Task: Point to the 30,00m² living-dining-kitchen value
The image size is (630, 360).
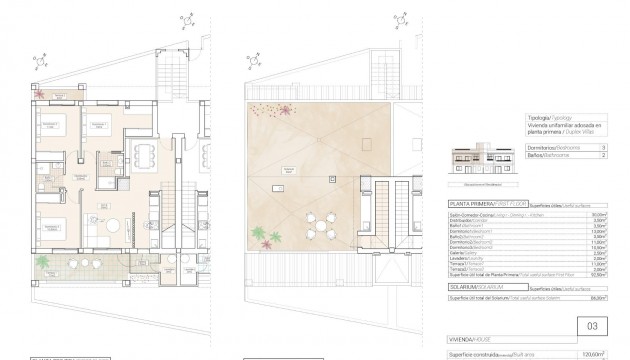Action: (x=600, y=214)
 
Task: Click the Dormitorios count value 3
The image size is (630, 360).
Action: (x=605, y=147)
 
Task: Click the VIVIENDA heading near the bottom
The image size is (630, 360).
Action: (x=465, y=338)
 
